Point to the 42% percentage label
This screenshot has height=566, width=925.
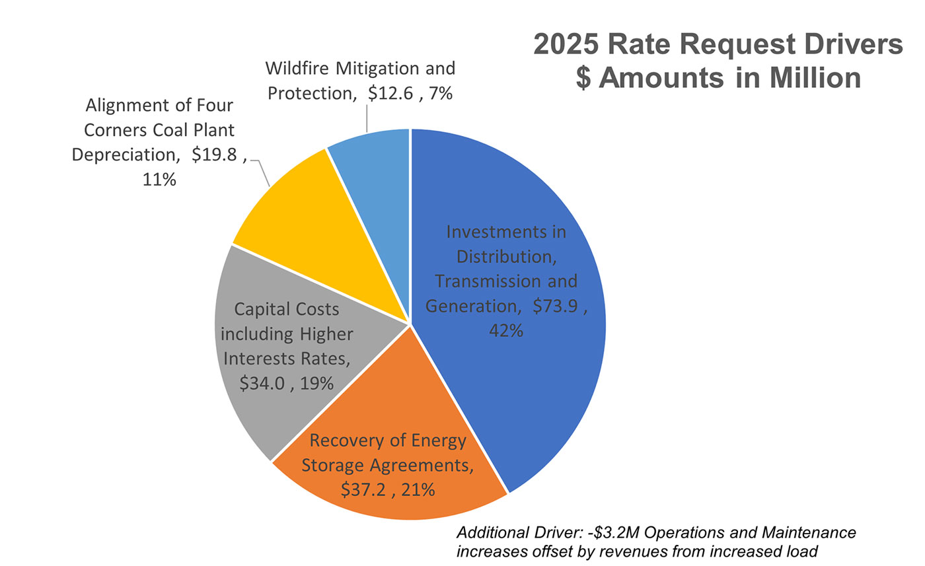pyautogui.click(x=506, y=330)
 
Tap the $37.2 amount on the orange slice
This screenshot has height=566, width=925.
pyautogui.click(x=367, y=489)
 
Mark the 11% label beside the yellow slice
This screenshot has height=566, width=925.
pyautogui.click(x=159, y=179)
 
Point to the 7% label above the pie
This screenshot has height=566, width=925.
pyautogui.click(x=439, y=94)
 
